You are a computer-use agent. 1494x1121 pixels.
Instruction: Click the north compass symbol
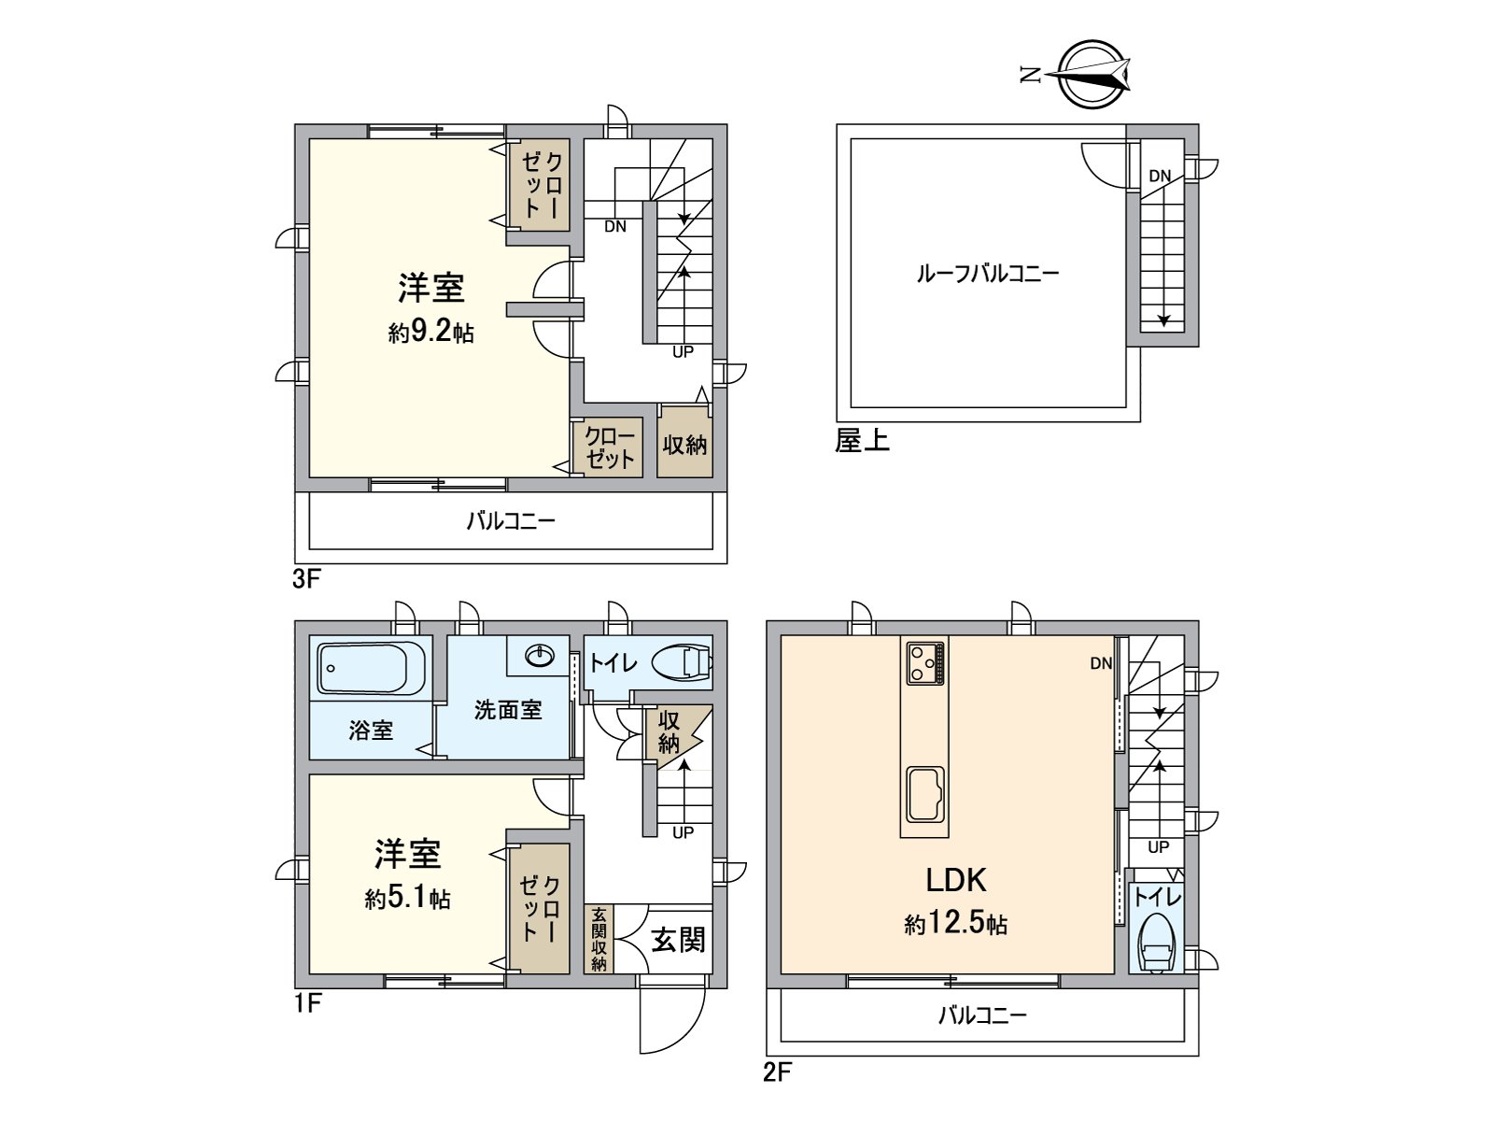(x=1086, y=74)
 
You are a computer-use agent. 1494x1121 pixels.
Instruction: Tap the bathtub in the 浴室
(x=371, y=669)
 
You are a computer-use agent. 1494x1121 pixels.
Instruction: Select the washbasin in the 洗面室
(x=539, y=657)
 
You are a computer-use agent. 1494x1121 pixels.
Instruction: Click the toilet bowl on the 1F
(x=682, y=661)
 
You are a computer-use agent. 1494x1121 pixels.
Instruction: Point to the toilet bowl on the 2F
(x=1156, y=943)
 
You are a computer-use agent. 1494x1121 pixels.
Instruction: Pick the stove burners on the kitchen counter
(x=924, y=663)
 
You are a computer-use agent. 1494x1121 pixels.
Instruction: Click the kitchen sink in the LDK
(x=924, y=793)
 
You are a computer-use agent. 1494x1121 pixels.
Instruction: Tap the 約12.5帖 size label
(x=955, y=924)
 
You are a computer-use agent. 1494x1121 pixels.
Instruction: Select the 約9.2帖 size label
(x=431, y=332)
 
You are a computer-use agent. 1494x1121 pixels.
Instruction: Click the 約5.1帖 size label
(x=408, y=899)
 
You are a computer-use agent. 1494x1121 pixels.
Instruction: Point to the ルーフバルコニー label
(x=988, y=275)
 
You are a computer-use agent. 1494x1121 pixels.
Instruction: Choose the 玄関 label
(x=678, y=940)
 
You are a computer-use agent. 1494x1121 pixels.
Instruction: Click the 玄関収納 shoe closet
(x=599, y=939)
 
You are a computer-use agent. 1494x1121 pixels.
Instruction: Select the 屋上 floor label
(x=863, y=440)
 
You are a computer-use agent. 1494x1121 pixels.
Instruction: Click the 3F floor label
(x=306, y=578)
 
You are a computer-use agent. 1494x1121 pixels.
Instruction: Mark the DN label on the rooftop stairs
(x=1160, y=177)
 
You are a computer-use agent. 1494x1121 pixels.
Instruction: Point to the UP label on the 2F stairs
(x=1159, y=847)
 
